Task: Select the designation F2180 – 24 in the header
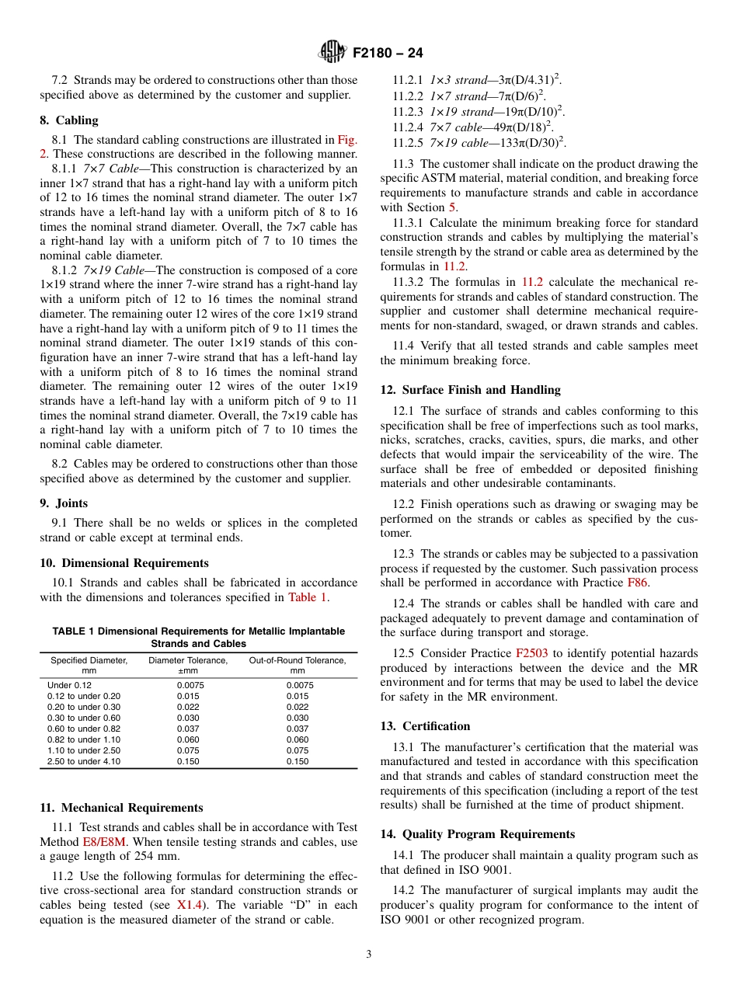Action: tap(388, 54)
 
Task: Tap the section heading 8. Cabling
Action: tap(69, 120)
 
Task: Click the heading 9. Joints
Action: tap(64, 503)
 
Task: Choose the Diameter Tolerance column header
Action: tap(188, 665)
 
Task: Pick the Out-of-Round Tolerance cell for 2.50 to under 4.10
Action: tap(297, 761)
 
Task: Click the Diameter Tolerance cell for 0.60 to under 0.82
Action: tap(188, 729)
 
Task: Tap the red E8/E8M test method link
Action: tap(103, 842)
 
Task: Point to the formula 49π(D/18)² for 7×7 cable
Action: tap(530, 127)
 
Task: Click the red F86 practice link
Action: tap(636, 583)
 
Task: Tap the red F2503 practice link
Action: tap(531, 653)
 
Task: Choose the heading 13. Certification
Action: tap(425, 726)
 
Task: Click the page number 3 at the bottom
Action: tap(369, 955)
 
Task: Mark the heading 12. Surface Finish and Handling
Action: tap(470, 390)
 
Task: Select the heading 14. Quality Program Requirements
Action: tap(477, 834)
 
